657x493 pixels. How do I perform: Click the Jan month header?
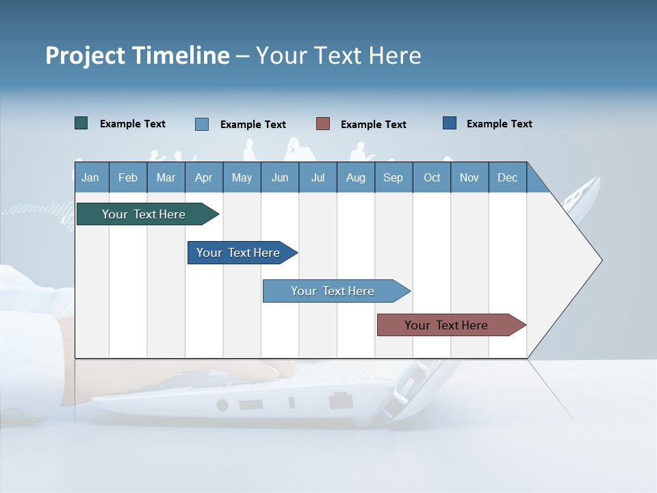(x=90, y=177)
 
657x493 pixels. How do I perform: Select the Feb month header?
(x=128, y=177)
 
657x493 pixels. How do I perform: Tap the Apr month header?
(x=204, y=177)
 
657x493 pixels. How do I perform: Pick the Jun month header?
(x=280, y=177)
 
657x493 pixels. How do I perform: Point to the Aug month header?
(x=356, y=177)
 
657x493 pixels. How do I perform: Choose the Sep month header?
(x=394, y=177)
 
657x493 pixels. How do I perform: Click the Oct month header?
(x=432, y=177)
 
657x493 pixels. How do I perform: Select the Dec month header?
(x=508, y=177)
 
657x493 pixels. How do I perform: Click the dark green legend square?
(x=81, y=123)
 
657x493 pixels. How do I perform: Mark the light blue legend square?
(x=202, y=124)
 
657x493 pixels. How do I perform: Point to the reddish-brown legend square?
(x=323, y=124)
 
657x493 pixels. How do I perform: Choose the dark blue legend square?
(x=450, y=123)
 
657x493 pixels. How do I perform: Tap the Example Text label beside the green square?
(x=133, y=124)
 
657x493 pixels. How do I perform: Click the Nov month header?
(x=469, y=177)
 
